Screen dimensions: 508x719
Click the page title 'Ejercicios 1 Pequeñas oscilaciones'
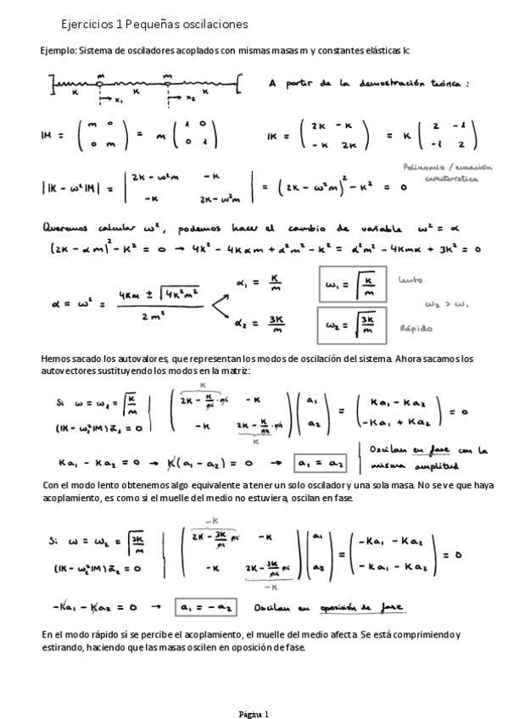(155, 25)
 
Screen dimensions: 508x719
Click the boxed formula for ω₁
(352, 281)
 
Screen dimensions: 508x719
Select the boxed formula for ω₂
(353, 323)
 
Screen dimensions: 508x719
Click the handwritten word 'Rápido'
(420, 328)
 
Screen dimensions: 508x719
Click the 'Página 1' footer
(253, 713)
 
